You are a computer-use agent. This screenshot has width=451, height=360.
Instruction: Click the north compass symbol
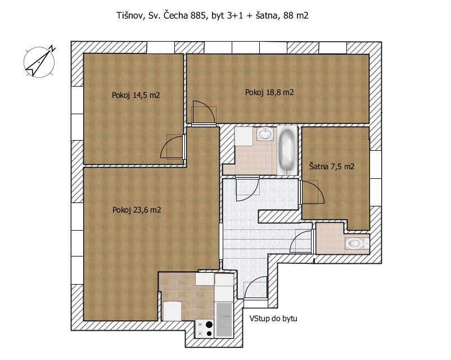[x=39, y=61]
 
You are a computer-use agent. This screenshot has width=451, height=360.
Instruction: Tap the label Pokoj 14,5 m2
[x=136, y=95]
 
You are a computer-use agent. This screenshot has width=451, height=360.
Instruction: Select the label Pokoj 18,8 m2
[x=269, y=92]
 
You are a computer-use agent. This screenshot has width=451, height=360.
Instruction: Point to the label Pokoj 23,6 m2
[x=137, y=210]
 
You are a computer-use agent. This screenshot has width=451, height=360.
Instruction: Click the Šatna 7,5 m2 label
[x=332, y=166]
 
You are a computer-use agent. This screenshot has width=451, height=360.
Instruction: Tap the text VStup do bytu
[x=273, y=318]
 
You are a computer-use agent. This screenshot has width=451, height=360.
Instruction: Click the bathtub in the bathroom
[x=287, y=151]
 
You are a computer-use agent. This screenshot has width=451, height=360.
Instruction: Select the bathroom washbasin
[x=265, y=134]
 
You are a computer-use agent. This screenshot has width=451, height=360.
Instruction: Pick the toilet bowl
[x=356, y=244]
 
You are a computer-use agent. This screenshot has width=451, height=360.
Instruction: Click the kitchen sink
[x=224, y=319]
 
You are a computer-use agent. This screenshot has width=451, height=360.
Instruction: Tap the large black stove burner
[x=209, y=325]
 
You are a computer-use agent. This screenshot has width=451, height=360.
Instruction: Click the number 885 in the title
[x=199, y=15]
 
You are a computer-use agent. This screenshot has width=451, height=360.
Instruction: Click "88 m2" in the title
[x=296, y=15]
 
